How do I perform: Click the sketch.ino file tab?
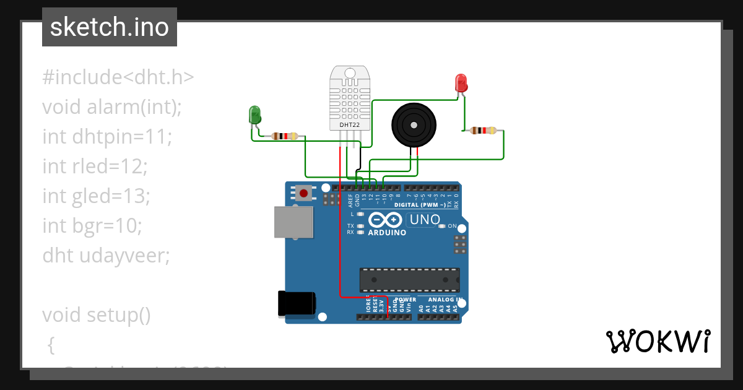click(x=110, y=27)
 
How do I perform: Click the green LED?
click(x=254, y=115)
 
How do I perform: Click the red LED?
click(x=461, y=83)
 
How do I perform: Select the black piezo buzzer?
click(x=415, y=124)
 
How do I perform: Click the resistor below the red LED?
click(x=483, y=130)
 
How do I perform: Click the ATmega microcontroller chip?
click(x=410, y=280)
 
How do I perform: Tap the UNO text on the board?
click(x=425, y=219)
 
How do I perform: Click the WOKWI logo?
click(x=658, y=341)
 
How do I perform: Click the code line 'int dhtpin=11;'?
click(x=106, y=136)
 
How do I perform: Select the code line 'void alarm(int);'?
click(x=112, y=106)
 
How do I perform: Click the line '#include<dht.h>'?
click(x=118, y=77)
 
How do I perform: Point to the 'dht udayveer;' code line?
click(x=106, y=254)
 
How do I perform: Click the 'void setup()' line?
click(x=97, y=314)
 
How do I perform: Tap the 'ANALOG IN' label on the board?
click(x=441, y=300)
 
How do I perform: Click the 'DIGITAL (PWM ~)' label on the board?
click(x=419, y=204)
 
